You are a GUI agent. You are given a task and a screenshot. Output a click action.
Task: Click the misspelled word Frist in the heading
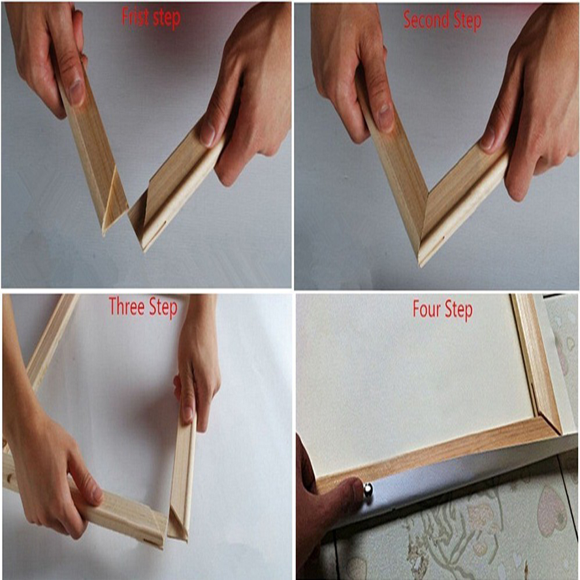(135, 18)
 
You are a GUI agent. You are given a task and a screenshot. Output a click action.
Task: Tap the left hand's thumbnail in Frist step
(76, 91)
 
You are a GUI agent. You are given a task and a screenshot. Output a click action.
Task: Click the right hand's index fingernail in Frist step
(208, 135)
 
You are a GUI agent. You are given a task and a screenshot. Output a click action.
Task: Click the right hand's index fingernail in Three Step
(187, 413)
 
